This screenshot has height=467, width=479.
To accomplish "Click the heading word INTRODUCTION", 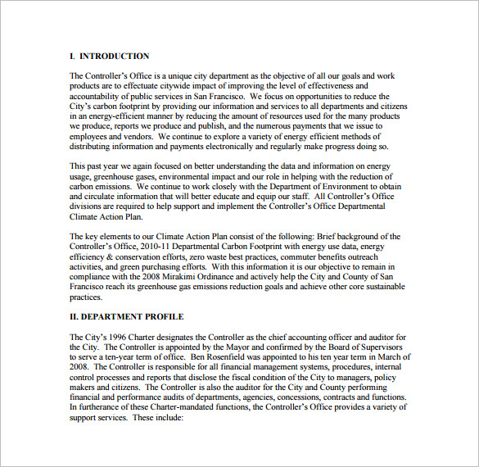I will click(115, 57).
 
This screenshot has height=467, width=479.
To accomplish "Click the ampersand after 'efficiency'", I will click(109, 256).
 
